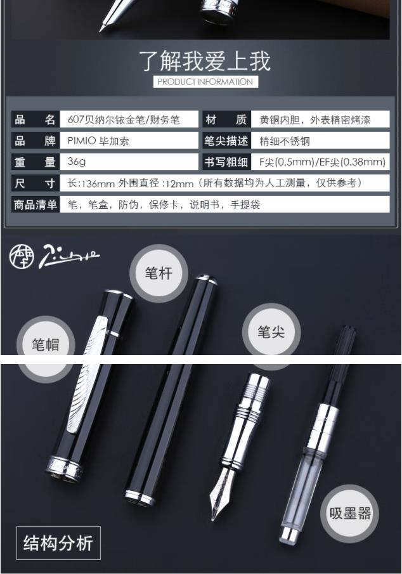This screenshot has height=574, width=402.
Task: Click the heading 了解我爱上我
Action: tap(205, 61)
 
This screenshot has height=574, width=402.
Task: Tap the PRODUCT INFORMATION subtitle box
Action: tap(205, 82)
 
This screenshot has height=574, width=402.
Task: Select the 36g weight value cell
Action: tap(129, 162)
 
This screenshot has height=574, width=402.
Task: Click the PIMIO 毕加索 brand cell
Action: tap(129, 141)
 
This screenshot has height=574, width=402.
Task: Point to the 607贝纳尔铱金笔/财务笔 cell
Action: tap(129, 119)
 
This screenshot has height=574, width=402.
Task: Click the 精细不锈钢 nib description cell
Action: tap(320, 141)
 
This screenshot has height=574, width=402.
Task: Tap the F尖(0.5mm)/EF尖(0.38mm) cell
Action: tap(320, 162)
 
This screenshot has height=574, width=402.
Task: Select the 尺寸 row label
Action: tap(35, 183)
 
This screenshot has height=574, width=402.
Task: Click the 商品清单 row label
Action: tap(35, 204)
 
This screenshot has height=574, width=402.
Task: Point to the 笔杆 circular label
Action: tap(159, 273)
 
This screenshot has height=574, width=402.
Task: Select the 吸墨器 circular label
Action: tap(350, 513)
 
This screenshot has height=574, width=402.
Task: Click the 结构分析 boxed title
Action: tap(58, 543)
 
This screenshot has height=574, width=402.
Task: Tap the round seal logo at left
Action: tap(22, 257)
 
